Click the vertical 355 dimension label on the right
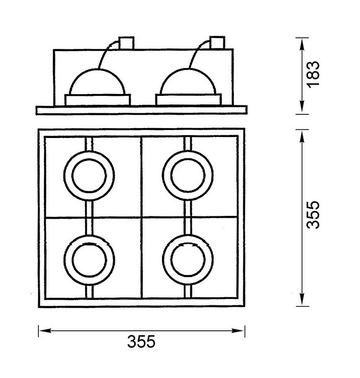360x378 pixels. point(313,215)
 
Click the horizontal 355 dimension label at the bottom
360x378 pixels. point(141,341)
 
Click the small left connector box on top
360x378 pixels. point(126,43)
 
